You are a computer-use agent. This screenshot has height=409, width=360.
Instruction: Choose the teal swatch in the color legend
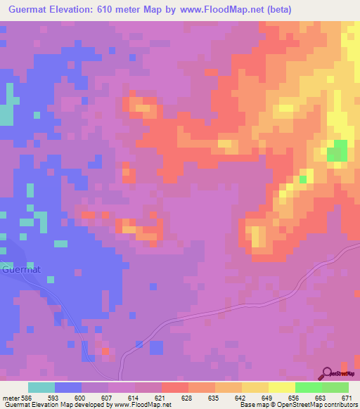coord(41,387)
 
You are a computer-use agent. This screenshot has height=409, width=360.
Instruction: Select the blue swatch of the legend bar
coord(68,387)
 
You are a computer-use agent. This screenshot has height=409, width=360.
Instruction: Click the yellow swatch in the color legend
coord(281,387)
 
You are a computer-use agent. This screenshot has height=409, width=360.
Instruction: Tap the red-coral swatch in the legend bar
coord(174,387)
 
